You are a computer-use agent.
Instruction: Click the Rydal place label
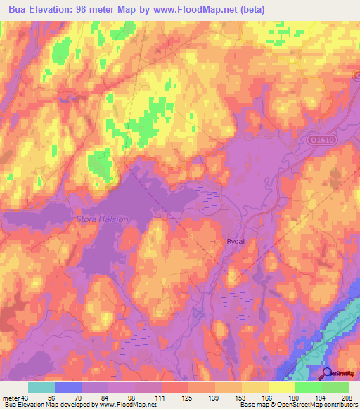235,241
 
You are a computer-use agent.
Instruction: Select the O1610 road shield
319,141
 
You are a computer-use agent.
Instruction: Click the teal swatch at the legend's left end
41,388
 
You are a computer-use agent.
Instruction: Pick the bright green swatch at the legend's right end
335,388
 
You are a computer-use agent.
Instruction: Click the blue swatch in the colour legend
68,388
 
